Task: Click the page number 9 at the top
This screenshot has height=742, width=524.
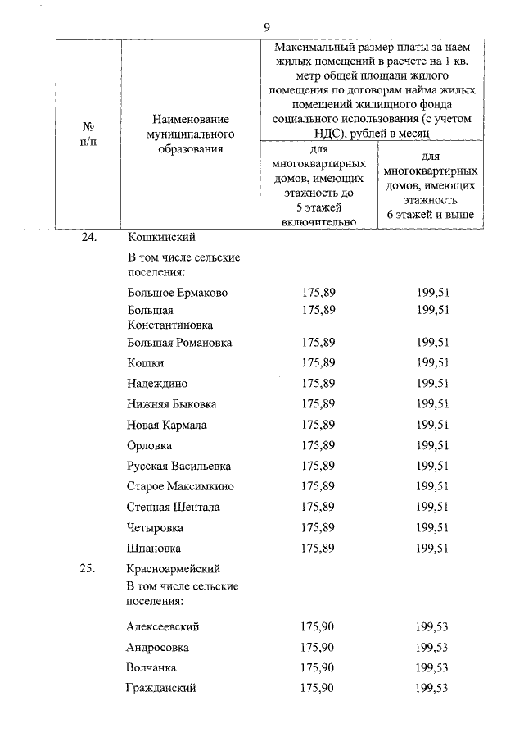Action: (x=267, y=27)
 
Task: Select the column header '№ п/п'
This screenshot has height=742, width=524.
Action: (x=88, y=134)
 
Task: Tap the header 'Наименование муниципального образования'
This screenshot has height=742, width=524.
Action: (x=190, y=134)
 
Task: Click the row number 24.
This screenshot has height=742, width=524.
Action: (x=88, y=238)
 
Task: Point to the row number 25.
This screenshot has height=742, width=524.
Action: (x=88, y=567)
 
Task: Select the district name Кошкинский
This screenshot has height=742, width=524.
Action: (x=161, y=238)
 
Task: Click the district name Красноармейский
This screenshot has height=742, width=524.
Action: (x=174, y=567)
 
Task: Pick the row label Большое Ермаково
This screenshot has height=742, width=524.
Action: (x=178, y=293)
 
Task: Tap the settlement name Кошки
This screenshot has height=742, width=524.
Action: (x=146, y=362)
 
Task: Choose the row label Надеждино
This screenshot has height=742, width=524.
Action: (x=157, y=383)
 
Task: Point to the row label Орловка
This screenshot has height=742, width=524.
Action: (x=150, y=445)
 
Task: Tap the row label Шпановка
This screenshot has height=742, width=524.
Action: (x=154, y=548)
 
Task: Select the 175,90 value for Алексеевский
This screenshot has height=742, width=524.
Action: (x=318, y=627)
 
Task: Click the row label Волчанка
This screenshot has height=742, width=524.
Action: (x=151, y=668)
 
